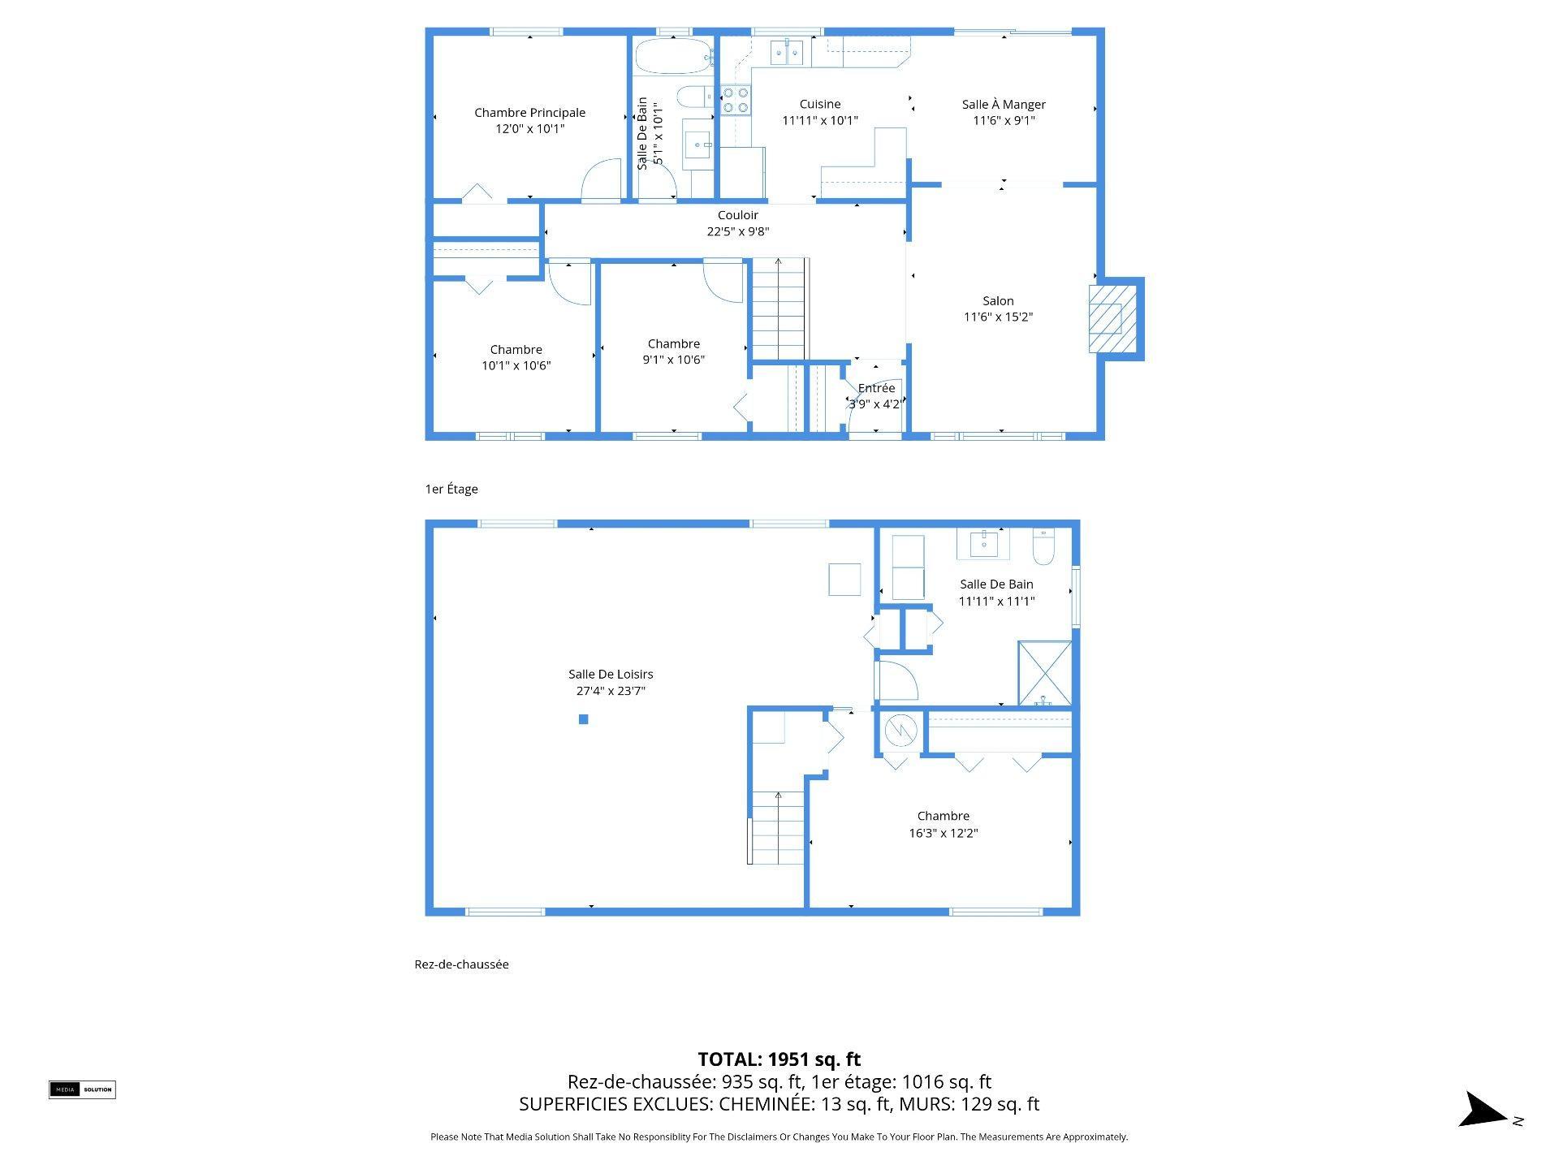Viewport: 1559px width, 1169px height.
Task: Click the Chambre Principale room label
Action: tap(529, 113)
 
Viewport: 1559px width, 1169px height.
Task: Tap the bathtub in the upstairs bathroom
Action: tap(673, 56)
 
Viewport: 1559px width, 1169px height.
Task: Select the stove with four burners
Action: tap(736, 100)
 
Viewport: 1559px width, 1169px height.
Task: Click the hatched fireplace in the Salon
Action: tap(1112, 317)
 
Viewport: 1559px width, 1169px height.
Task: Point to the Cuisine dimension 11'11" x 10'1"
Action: tap(819, 120)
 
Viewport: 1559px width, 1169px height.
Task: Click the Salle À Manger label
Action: tap(1004, 104)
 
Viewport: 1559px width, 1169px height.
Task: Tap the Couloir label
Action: tap(737, 215)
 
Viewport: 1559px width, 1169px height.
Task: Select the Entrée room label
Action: tap(876, 388)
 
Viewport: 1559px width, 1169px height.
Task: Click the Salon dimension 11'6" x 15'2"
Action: tap(998, 317)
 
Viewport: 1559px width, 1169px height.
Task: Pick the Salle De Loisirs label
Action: tap(611, 674)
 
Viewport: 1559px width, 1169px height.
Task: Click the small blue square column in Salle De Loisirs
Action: tap(583, 719)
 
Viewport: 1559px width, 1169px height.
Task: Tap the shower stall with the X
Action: tap(1045, 673)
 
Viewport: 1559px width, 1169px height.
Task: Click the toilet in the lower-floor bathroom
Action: tap(1043, 547)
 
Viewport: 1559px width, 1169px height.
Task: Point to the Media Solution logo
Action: tap(82, 1089)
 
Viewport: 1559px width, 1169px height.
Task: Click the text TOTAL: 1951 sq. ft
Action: tap(779, 1059)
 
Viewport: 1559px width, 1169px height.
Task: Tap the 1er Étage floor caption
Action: tap(451, 489)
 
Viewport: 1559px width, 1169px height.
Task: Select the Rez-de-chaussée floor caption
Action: tap(461, 964)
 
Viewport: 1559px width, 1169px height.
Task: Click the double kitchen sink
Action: tap(787, 53)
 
